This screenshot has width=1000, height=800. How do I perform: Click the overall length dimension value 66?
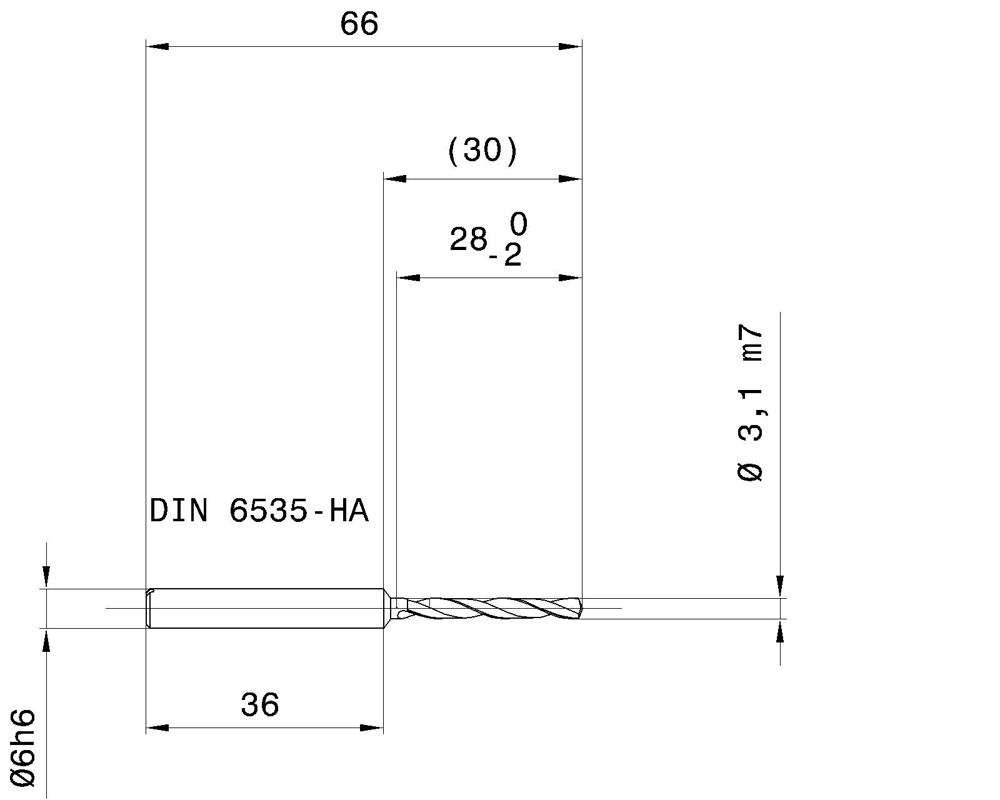click(359, 24)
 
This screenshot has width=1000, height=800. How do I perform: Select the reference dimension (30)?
click(482, 151)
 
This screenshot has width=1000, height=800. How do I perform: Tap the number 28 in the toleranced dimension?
click(468, 239)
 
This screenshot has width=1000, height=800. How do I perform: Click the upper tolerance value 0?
click(518, 224)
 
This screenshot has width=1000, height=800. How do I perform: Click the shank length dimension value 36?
click(259, 705)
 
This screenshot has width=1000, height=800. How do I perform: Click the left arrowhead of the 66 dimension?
click(157, 46)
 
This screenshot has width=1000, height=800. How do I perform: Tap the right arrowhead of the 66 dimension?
click(570, 46)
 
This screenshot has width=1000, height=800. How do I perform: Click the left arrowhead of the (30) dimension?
click(394, 179)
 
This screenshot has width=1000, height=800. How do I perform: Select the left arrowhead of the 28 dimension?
click(408, 277)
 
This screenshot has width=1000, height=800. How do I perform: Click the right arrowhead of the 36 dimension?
click(371, 728)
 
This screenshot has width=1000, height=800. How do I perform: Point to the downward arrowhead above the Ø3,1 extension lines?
click(780, 586)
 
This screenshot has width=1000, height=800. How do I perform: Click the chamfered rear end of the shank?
click(149, 607)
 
